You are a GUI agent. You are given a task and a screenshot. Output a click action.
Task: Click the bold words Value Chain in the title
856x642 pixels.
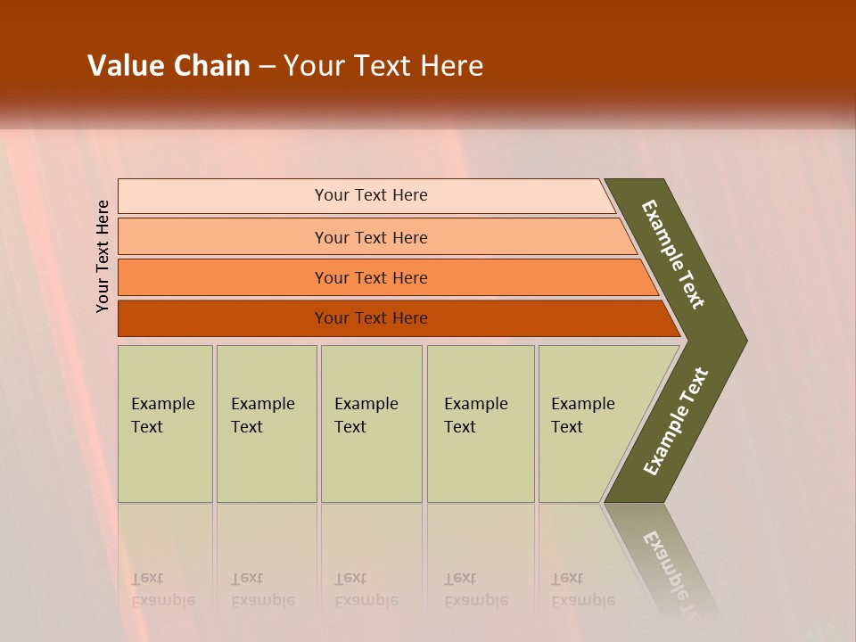169,66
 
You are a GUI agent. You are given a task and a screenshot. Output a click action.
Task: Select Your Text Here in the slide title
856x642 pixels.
383,66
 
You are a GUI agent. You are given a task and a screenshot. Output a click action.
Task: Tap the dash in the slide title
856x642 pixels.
267,67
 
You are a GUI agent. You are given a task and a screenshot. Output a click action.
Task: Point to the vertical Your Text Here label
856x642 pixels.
103,256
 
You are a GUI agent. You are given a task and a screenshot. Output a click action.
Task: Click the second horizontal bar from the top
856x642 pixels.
371,237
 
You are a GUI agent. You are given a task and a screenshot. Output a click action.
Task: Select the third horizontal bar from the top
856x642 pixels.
371,277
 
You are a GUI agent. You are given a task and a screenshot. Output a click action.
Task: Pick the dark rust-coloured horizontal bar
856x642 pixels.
371,318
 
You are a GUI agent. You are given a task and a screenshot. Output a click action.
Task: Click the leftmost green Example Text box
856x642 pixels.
165,423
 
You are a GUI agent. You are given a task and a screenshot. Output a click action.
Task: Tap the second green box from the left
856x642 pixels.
266,423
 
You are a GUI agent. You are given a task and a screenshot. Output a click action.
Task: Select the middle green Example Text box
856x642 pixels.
371,423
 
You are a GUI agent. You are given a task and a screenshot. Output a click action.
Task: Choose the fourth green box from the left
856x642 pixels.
480,423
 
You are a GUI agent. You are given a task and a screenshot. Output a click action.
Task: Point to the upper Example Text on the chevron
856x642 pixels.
673,254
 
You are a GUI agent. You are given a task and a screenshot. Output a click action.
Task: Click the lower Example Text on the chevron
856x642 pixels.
675,422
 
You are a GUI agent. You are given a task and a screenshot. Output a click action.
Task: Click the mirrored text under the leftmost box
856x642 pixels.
162,589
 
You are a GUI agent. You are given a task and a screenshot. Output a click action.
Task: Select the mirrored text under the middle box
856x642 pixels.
366,589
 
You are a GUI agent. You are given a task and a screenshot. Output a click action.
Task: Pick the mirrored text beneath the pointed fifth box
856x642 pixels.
582,589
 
